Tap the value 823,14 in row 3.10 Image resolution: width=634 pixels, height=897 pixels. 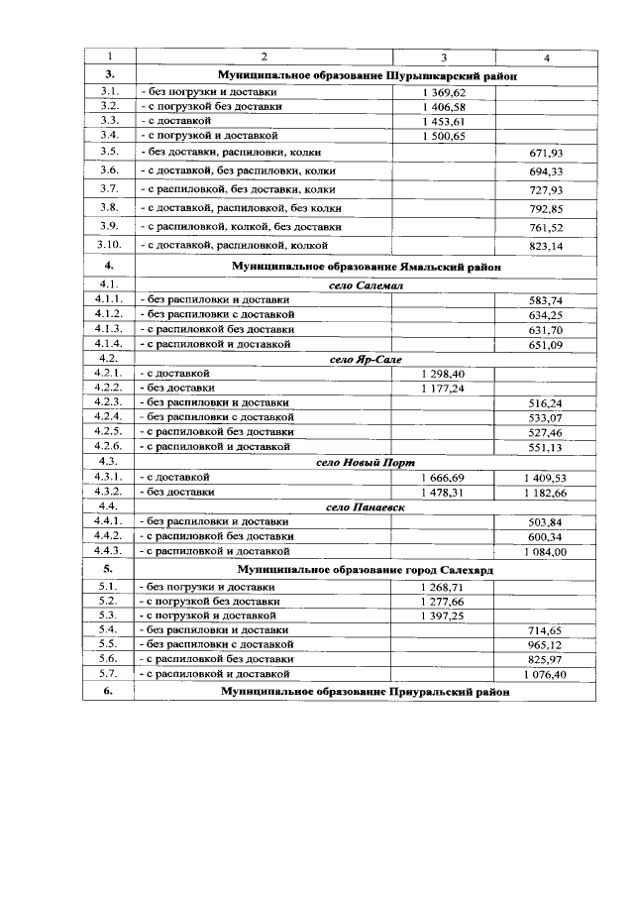point(546,245)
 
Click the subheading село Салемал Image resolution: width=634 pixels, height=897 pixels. point(366,285)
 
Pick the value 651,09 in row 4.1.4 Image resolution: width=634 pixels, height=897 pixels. point(546,344)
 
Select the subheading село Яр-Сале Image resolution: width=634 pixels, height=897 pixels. point(366,359)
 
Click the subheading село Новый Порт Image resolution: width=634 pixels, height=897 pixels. point(366,462)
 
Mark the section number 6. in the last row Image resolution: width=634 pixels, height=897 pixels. point(109,691)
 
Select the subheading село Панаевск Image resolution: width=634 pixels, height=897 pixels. point(366,506)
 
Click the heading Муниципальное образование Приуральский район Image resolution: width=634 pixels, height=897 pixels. point(366,691)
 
